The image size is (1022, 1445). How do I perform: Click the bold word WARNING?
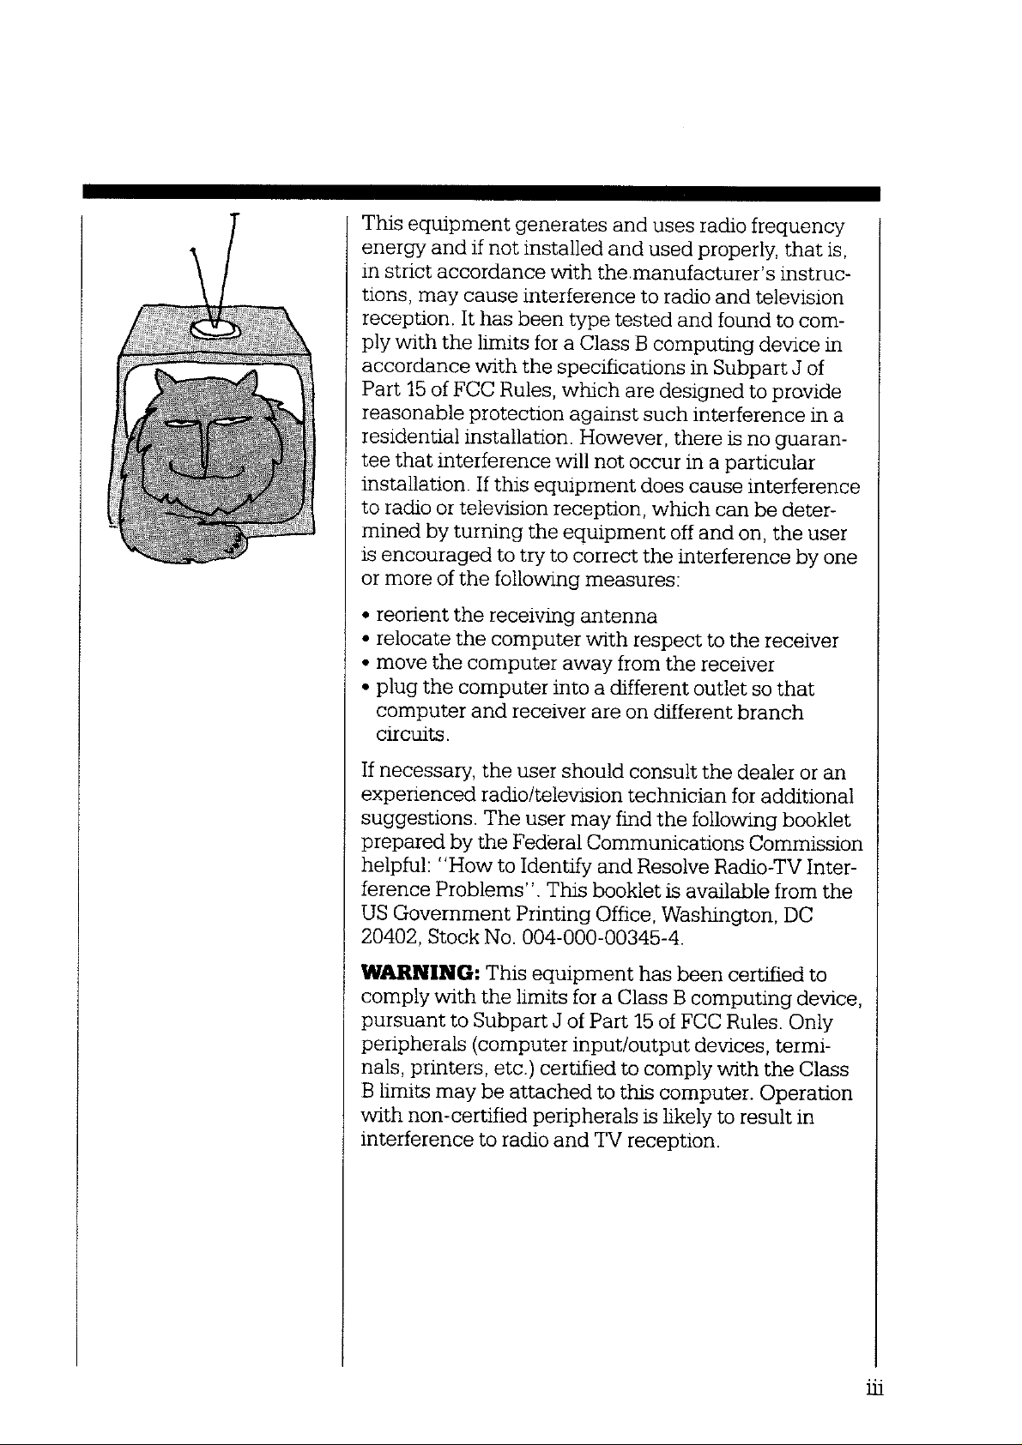pos(420,974)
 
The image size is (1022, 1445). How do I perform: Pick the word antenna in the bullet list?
pos(619,617)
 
